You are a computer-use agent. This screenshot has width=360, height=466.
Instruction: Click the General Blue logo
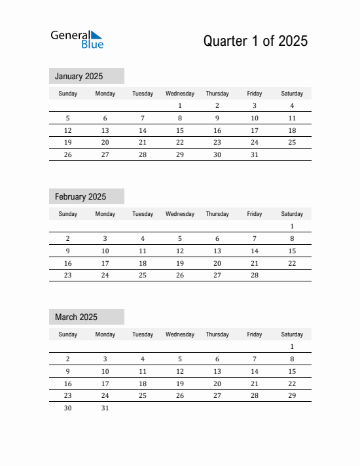coord(77,39)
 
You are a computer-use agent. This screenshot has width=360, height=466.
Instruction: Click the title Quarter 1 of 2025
coord(255,41)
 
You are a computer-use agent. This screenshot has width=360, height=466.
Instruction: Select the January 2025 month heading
coord(79,76)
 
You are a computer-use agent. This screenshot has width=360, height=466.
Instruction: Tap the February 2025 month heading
coord(81,196)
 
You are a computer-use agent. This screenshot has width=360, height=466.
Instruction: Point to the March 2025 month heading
coord(76,317)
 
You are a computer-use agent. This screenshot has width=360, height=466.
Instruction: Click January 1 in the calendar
coord(180,105)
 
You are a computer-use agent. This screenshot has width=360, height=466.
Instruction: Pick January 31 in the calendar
coord(255,155)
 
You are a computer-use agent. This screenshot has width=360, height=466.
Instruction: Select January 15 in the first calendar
coord(180,130)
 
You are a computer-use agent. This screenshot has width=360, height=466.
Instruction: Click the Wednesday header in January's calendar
coord(180,94)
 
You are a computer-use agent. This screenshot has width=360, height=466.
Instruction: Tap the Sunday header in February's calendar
coord(67,214)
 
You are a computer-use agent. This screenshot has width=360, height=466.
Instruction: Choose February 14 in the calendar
coord(255,251)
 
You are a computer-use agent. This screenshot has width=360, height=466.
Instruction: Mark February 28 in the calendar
coord(255,276)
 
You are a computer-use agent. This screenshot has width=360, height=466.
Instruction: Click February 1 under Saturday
coord(292,226)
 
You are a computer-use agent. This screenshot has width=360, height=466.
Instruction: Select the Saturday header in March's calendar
coord(292,334)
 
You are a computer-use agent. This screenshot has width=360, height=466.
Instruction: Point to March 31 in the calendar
coord(105,408)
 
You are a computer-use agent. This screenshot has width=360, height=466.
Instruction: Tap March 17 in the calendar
coord(105,384)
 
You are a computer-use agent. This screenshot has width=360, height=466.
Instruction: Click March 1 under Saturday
coord(292,346)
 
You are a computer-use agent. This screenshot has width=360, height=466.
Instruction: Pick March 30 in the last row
coord(67,408)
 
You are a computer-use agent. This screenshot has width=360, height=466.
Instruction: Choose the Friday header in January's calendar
coord(255,94)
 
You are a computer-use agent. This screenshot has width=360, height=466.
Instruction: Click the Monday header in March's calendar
coord(105,334)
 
